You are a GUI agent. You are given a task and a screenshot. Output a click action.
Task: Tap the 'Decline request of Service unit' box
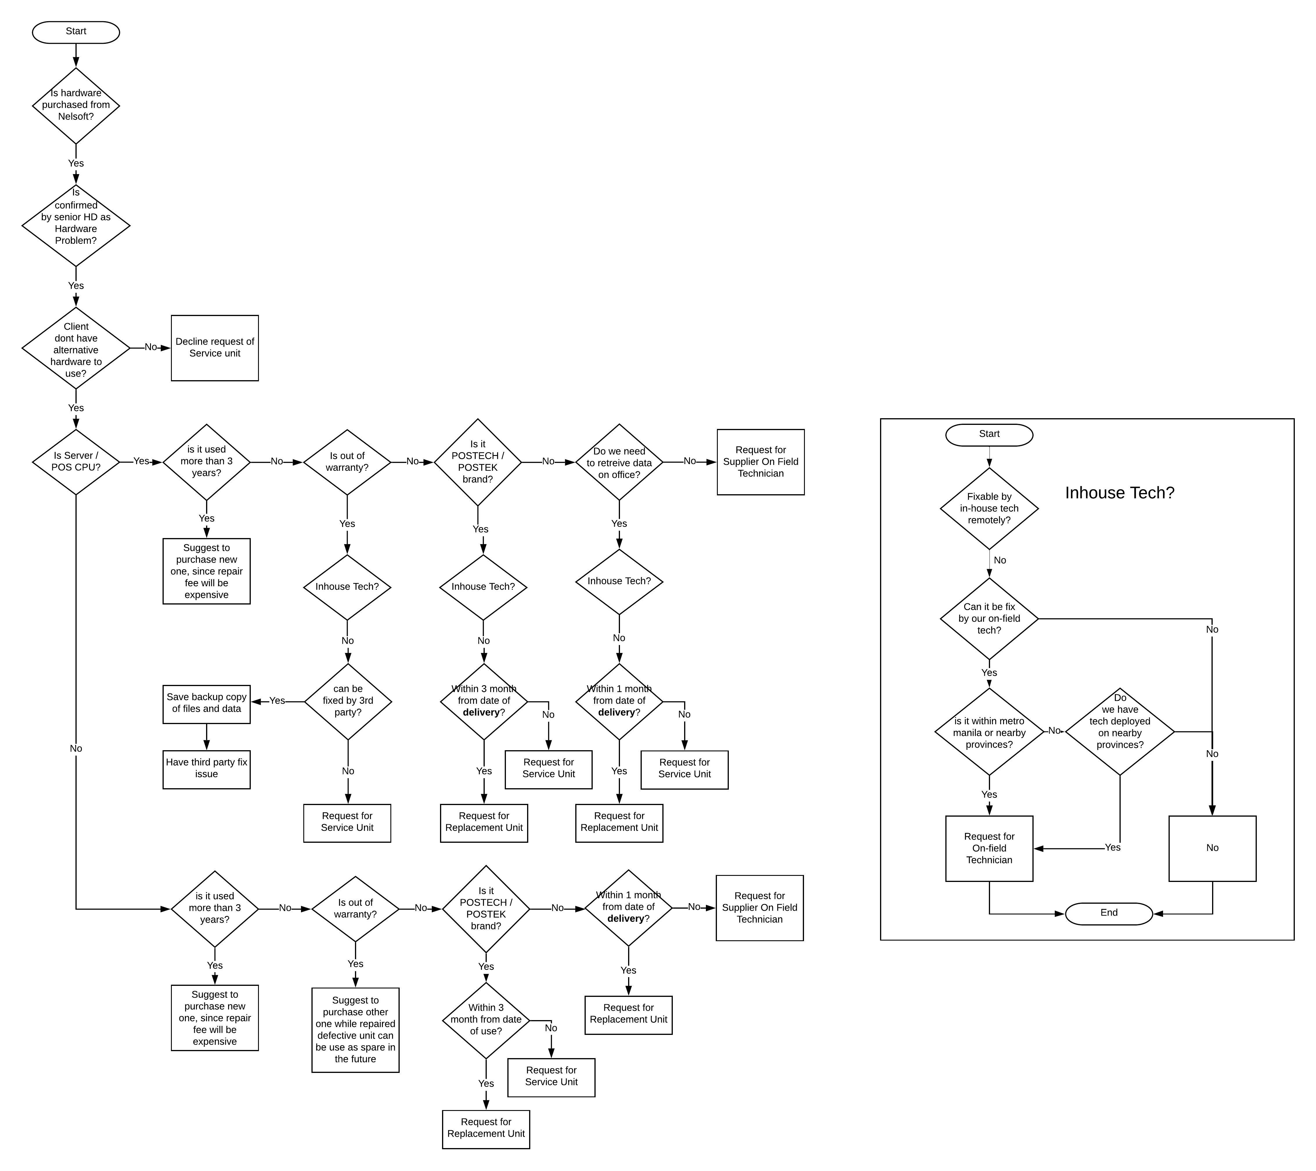[x=214, y=348]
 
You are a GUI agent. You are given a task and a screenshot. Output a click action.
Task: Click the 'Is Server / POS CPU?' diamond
[x=76, y=461]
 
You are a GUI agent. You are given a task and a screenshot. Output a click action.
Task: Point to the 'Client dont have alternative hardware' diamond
[x=76, y=348]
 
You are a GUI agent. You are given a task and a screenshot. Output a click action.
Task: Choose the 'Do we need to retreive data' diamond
[x=619, y=462]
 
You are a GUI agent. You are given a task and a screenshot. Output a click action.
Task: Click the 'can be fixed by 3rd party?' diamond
[x=348, y=701]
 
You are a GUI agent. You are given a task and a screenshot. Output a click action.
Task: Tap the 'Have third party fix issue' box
[x=206, y=769]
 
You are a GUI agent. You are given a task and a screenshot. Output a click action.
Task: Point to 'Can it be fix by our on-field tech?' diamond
[x=989, y=618]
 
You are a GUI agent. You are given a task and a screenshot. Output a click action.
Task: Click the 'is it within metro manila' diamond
[x=989, y=732]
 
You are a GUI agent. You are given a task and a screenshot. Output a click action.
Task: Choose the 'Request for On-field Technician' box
[x=989, y=848]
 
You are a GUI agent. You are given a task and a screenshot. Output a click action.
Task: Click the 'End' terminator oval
[x=1109, y=913]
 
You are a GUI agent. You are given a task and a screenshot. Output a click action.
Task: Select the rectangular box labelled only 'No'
[x=1212, y=848]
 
